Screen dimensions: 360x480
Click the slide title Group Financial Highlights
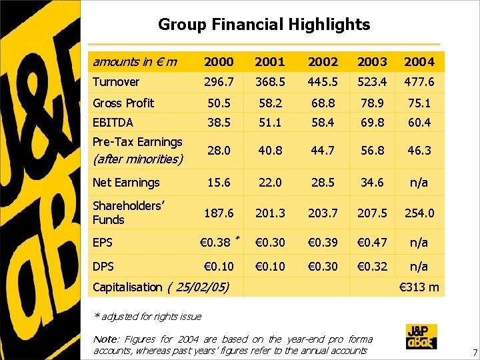(263, 25)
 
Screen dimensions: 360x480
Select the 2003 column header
(372, 62)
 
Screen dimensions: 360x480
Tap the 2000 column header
(219, 62)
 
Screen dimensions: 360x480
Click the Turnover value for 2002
(323, 82)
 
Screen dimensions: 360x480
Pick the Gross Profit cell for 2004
(420, 103)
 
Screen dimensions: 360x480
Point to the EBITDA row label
(113, 123)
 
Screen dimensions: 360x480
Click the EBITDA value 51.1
(270, 123)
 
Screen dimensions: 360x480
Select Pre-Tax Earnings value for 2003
(372, 151)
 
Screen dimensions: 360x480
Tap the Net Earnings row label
(126, 183)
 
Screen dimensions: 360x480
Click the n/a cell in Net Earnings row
(420, 183)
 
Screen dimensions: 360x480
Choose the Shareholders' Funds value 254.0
(420, 213)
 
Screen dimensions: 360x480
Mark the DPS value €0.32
(372, 266)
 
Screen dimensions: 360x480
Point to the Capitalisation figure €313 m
(418, 287)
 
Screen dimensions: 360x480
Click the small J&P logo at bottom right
(421, 337)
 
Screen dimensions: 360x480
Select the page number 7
(475, 351)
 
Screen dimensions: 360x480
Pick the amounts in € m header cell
(135, 62)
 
